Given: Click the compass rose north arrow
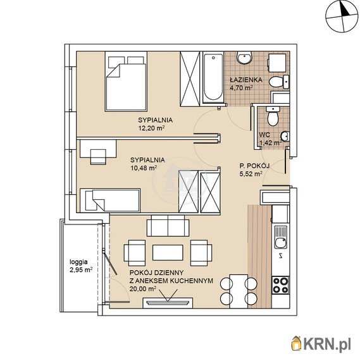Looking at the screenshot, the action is [x=345, y=11].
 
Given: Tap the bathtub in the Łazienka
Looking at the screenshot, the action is [x=213, y=78].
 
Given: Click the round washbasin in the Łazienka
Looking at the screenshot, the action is [x=244, y=58].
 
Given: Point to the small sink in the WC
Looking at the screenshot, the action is [x=285, y=136].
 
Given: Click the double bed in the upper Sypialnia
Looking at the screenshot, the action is [x=126, y=82].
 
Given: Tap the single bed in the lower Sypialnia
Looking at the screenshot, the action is [x=110, y=200].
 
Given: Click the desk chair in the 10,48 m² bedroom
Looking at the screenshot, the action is [x=98, y=157].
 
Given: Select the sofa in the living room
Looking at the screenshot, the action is [x=168, y=226].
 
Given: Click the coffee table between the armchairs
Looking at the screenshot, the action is [x=168, y=252].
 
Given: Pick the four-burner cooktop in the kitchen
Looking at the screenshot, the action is [x=280, y=285].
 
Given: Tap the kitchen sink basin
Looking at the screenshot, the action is [x=281, y=243].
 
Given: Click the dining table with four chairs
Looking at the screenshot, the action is [x=239, y=291].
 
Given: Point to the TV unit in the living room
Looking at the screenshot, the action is [x=168, y=303].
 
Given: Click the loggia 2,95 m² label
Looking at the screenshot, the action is [x=81, y=266].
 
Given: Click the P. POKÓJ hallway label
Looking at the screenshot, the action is [x=254, y=166].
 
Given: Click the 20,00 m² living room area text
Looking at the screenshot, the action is [x=143, y=289].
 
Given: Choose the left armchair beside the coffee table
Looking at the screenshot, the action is [x=135, y=252].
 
